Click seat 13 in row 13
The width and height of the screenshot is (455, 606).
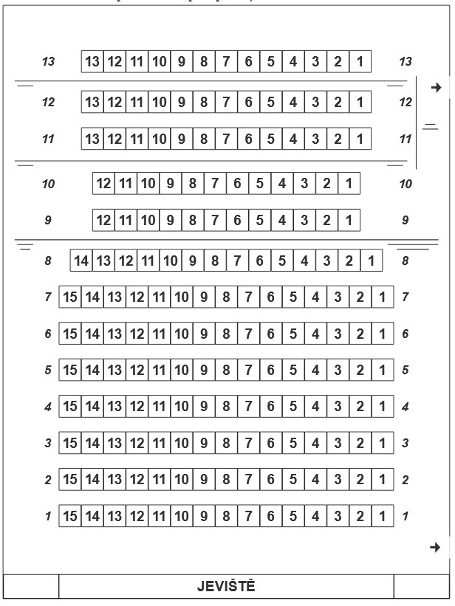(x=93, y=61)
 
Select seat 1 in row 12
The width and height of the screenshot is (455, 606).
(x=359, y=101)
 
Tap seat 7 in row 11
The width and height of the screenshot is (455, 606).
(x=226, y=138)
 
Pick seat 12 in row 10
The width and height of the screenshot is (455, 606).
(x=104, y=182)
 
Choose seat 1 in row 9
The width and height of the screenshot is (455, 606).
(x=348, y=219)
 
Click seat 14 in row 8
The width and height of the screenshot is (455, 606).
(x=82, y=260)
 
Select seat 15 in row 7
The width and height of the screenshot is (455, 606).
(x=71, y=297)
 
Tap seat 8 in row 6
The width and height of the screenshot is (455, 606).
(x=226, y=334)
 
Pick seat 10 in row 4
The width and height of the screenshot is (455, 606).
(x=182, y=406)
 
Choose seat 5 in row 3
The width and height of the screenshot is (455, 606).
(x=292, y=443)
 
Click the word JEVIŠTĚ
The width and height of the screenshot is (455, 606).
(x=226, y=587)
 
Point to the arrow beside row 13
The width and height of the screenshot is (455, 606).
(x=436, y=88)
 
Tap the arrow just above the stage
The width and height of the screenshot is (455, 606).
(x=436, y=547)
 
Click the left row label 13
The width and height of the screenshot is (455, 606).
(x=49, y=62)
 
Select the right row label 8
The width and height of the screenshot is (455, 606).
(x=406, y=260)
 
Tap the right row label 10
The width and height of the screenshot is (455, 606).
(x=406, y=183)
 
